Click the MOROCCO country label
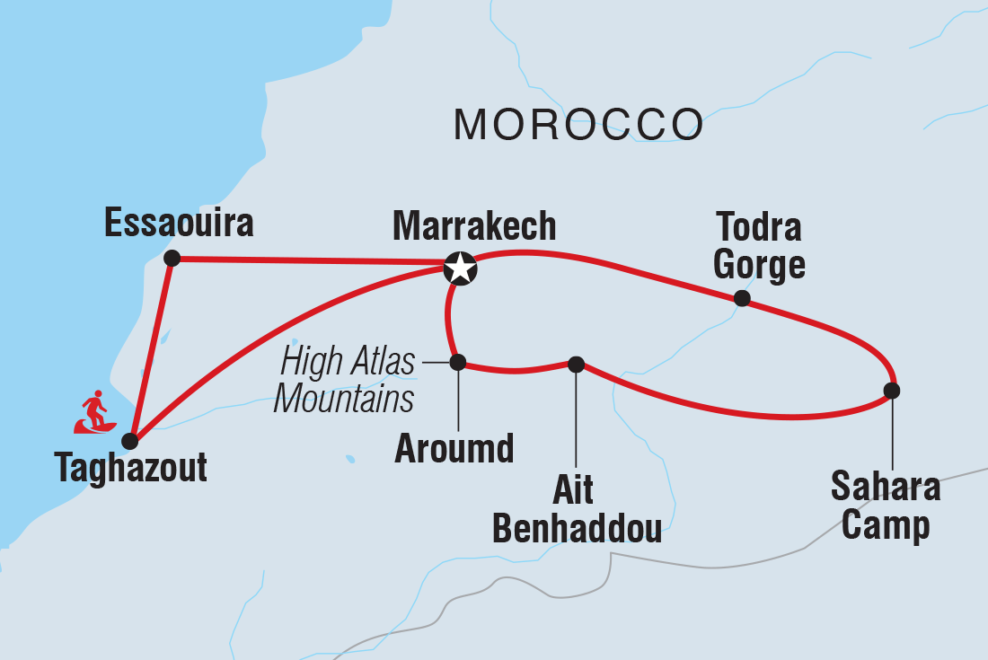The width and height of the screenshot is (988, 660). point(578,124)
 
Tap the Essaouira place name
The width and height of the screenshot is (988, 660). point(179,224)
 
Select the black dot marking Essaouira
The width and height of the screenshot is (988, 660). point(173,259)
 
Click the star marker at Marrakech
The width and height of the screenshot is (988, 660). point(460,267)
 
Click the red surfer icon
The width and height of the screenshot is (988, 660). point(94,413)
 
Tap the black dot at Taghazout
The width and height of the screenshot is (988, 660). point(130,441)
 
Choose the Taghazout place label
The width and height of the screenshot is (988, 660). point(131,468)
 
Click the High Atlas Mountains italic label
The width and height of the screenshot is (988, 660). point(346,380)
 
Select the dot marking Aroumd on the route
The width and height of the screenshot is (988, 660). point(457,363)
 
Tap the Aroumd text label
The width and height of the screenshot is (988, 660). point(454,448)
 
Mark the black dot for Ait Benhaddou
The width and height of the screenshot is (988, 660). point(577,364)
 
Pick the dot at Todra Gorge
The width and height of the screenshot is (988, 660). point(742,298)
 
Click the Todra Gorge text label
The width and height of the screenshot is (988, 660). point(760,246)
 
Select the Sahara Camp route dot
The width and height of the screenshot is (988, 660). point(891,391)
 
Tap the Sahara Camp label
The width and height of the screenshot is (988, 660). point(886,506)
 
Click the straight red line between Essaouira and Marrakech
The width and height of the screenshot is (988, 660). point(310,261)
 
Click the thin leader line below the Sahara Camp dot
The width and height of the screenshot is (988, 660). point(891,431)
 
